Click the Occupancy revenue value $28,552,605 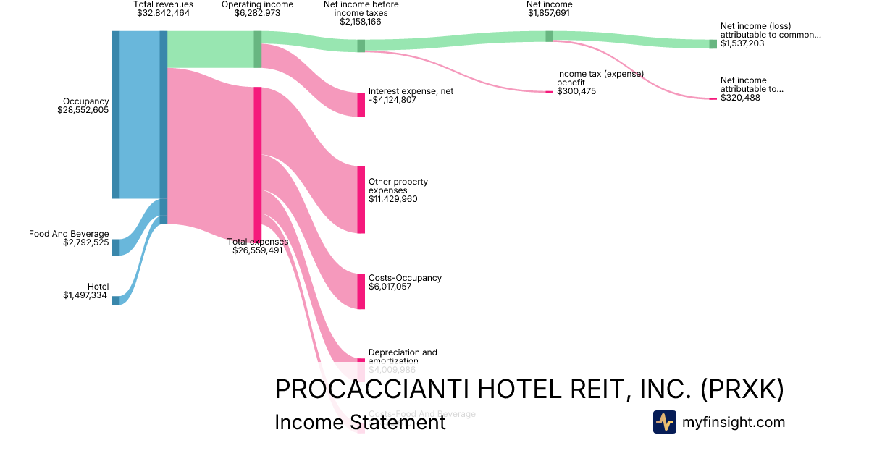point(83,110)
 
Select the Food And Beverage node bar point(116,247)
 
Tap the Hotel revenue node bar point(116,300)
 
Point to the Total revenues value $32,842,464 point(164,13)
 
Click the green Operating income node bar point(257,49)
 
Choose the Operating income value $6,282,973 point(257,13)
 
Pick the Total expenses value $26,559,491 point(258,250)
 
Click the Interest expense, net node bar point(361,105)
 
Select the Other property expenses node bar point(361,200)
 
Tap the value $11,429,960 point(393,199)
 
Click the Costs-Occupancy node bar point(361,291)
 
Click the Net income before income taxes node point(361,46)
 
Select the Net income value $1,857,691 point(550,13)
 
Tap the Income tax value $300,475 point(576,91)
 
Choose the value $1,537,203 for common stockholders point(742,43)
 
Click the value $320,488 point(740,98)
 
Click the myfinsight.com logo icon point(665,422)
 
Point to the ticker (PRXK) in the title point(742,389)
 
